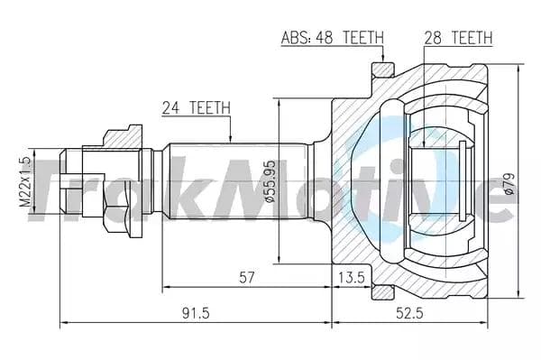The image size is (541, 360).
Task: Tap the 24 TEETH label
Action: coord(196,107)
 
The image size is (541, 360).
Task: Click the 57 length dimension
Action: coord(244,278)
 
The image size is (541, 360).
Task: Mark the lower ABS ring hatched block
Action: coord(382,291)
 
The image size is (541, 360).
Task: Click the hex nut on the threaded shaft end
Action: coord(117,180)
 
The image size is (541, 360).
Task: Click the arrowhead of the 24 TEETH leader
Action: coord(232,141)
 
